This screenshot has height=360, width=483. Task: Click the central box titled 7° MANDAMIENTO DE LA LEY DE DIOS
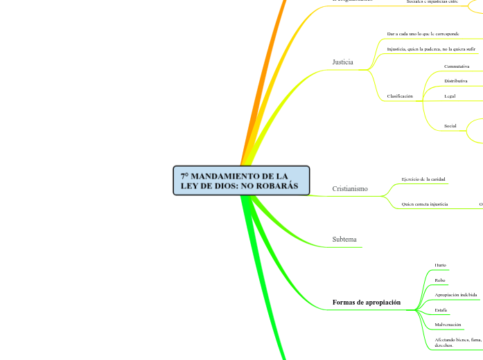(240, 181)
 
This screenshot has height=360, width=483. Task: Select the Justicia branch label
(342, 62)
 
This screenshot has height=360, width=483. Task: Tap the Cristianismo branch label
(350, 189)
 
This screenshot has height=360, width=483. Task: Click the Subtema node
(344, 240)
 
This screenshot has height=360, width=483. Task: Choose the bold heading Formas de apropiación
(366, 303)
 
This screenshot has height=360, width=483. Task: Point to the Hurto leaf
(440, 265)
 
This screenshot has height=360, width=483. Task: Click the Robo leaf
(440, 280)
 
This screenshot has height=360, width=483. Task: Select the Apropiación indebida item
(455, 295)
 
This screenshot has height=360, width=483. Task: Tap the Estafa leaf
(441, 310)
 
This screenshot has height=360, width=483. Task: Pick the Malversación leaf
(448, 325)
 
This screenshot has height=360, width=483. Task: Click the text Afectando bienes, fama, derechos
(457, 342)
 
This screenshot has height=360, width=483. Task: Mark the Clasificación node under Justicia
(400, 96)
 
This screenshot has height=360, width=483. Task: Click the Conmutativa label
(457, 66)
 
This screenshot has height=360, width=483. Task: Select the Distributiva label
(456, 81)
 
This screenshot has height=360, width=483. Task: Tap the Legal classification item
(450, 96)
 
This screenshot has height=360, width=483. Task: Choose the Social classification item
(450, 126)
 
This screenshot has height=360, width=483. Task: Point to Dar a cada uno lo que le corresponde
(423, 34)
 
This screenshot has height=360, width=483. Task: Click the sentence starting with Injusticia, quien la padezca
(430, 49)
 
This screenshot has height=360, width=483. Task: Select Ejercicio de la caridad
(424, 179)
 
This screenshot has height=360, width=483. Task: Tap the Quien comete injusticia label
(424, 204)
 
